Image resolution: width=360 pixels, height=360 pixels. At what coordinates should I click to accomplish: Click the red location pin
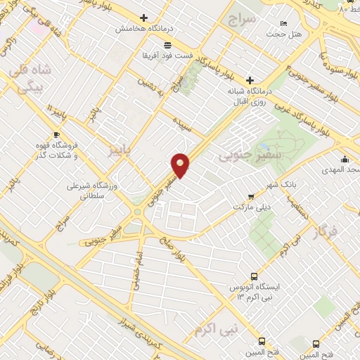pyautogui.click(x=181, y=165)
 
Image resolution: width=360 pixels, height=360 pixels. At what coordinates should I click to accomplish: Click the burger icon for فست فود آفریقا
pyautogui.click(x=146, y=44)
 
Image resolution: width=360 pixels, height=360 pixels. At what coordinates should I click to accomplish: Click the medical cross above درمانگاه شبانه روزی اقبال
pyautogui.click(x=249, y=79)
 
